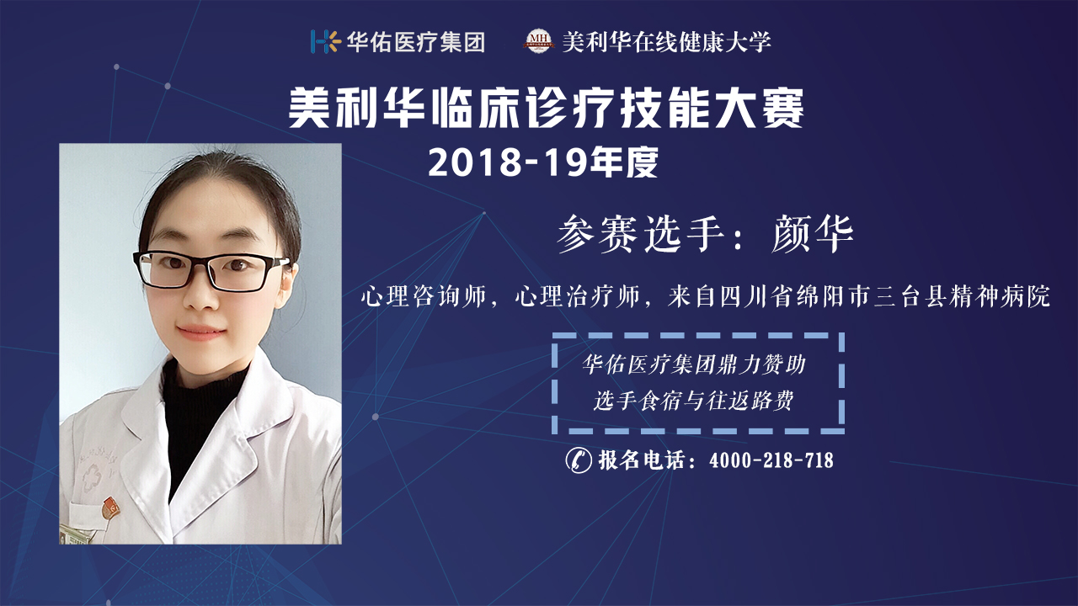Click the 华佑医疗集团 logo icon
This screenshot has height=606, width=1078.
[x=326, y=41]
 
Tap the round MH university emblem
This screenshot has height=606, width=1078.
[x=538, y=41]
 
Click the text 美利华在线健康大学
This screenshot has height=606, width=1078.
[x=666, y=42]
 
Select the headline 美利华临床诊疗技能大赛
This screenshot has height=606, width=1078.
[x=547, y=109]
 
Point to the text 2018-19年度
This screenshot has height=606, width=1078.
[x=543, y=162]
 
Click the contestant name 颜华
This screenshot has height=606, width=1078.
[x=813, y=234]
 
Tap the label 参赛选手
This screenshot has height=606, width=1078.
[x=641, y=234]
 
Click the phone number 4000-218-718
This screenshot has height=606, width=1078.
[x=771, y=460]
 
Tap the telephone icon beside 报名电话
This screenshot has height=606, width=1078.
[x=578, y=460]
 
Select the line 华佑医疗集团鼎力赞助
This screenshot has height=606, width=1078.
[x=693, y=364]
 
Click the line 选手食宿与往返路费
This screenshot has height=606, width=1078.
[x=693, y=400]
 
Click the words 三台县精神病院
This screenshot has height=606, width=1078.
[x=962, y=296]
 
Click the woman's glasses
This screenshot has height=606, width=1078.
[x=211, y=271]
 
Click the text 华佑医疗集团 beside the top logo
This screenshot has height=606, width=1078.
[x=416, y=42]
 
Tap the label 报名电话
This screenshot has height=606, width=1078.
[x=642, y=460]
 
